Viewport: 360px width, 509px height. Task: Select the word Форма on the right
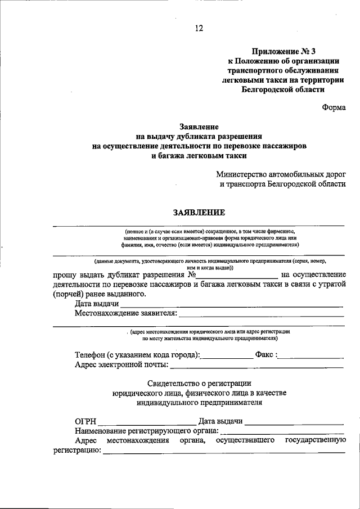click(x=334, y=108)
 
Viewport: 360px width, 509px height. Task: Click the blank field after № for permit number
click(x=236, y=275)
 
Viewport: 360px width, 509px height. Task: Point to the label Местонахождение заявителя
click(x=125, y=313)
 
